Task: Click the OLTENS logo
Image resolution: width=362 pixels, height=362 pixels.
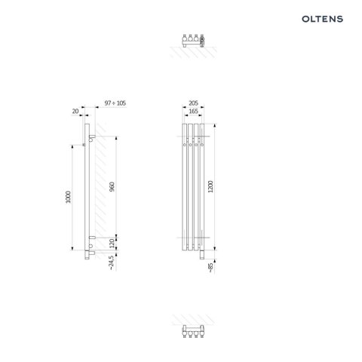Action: (x=322, y=19)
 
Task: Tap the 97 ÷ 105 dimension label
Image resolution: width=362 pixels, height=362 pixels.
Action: (x=115, y=103)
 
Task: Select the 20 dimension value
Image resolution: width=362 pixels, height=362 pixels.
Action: (x=75, y=111)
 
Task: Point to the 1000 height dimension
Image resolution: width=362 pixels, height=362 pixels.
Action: (x=68, y=197)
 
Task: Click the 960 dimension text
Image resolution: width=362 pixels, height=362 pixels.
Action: (x=112, y=186)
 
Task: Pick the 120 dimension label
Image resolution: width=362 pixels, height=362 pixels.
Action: (x=112, y=244)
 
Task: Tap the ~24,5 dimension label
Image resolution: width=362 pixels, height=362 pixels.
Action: (x=112, y=263)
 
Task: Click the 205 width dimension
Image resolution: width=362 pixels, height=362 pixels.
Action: (x=193, y=103)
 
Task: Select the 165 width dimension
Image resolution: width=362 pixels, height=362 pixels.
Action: (x=193, y=111)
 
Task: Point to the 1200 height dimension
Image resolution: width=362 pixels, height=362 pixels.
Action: (x=210, y=186)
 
